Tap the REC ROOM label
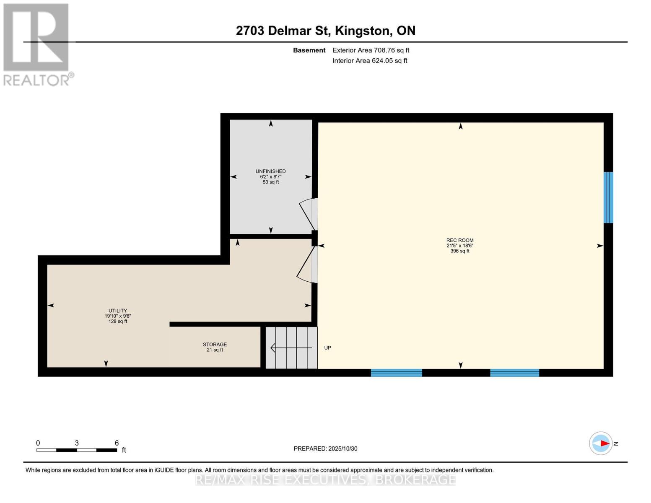[x=460, y=241]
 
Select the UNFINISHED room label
[x=271, y=171]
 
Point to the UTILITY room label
[x=118, y=311]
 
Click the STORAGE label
[x=215, y=345]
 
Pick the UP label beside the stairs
[x=328, y=348]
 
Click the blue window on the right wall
[x=608, y=197]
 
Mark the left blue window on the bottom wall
[x=396, y=373]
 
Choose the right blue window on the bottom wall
[x=514, y=373]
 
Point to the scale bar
[x=77, y=450]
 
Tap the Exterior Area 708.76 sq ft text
[x=371, y=50]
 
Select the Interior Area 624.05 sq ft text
[x=370, y=61]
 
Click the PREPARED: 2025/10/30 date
[x=325, y=449]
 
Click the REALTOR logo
[x=37, y=44]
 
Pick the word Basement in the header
[x=309, y=50]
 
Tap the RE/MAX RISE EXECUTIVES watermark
[x=325, y=480]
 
